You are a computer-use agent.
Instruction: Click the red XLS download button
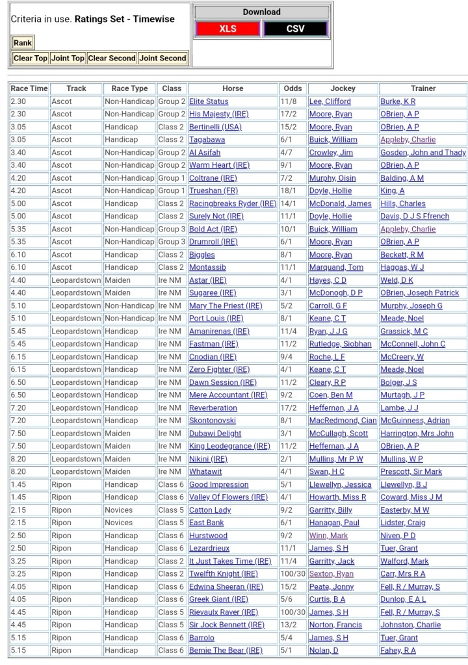tap(227, 29)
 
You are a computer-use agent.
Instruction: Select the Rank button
tap(23, 43)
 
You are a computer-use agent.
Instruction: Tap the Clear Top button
tap(31, 59)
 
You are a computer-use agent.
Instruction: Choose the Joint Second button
tap(163, 59)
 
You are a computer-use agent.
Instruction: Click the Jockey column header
tap(343, 88)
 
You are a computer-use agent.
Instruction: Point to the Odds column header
tap(292, 88)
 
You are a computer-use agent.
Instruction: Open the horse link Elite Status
tap(209, 101)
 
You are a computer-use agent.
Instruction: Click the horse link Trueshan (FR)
tap(213, 191)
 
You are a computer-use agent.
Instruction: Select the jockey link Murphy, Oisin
tap(333, 178)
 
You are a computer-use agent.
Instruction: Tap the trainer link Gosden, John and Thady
tap(423, 153)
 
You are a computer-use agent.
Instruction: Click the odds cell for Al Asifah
tap(287, 153)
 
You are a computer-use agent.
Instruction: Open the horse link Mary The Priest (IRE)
tap(226, 306)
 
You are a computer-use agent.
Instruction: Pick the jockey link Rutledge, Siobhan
tap(340, 345)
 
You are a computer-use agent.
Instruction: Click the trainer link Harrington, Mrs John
tap(417, 434)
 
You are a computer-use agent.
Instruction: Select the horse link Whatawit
tap(205, 472)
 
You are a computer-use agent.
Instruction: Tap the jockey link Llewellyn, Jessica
tap(340, 485)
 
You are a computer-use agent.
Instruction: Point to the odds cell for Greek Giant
tap(287, 600)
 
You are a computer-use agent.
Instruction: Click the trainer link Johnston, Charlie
tap(410, 625)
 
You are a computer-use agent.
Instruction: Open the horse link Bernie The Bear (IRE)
tap(226, 651)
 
